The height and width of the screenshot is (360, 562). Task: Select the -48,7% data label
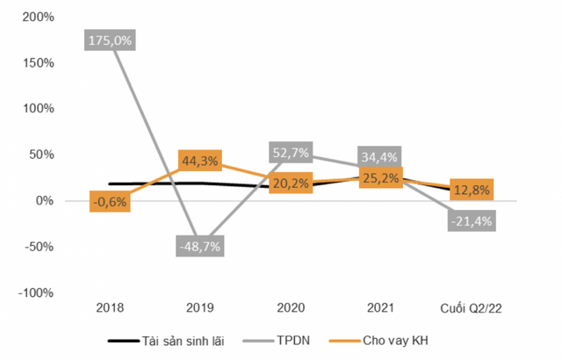click(201, 246)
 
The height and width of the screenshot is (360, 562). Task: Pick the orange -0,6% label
click(110, 202)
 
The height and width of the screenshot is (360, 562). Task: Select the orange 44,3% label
click(201, 162)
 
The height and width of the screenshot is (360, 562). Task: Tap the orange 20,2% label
click(291, 184)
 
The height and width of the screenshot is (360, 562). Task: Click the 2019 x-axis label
click(201, 308)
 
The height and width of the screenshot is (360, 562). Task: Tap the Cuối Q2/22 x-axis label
click(472, 308)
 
